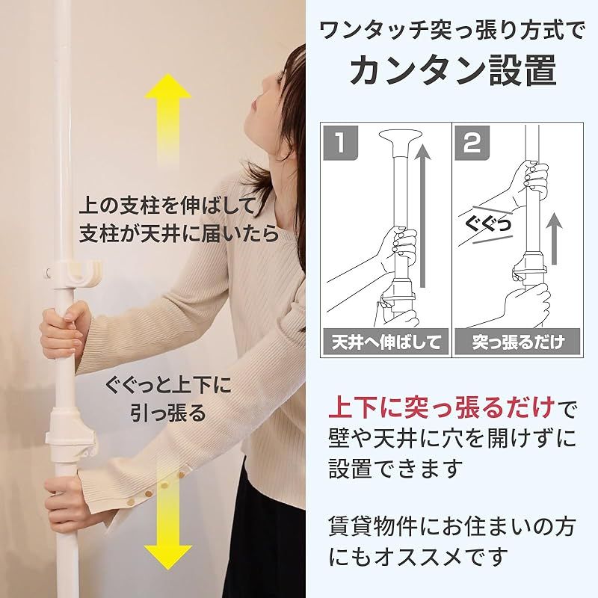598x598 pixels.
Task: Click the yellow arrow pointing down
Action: [168, 523]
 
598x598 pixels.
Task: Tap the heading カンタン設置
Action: [454, 71]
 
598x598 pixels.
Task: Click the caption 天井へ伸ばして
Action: [386, 342]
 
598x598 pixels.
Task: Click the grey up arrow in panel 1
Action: [424, 217]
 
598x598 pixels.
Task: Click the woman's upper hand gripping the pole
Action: [63, 329]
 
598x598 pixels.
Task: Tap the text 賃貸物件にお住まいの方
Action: [451, 528]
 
